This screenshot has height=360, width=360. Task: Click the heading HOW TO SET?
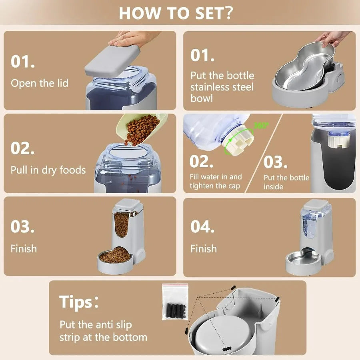176,13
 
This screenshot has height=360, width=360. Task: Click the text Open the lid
40,83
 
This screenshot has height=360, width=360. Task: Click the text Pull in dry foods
48,170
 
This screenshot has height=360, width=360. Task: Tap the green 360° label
260,126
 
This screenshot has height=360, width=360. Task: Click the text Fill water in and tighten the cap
215,181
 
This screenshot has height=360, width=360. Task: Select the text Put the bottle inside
286,182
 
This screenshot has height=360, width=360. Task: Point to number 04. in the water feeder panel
203,226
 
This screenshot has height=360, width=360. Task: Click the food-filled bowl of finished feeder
115,255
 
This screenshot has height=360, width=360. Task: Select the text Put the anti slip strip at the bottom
103,331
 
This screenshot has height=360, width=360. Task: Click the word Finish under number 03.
24,248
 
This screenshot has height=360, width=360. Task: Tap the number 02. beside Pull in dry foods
23,148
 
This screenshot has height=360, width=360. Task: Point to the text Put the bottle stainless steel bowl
222,87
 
